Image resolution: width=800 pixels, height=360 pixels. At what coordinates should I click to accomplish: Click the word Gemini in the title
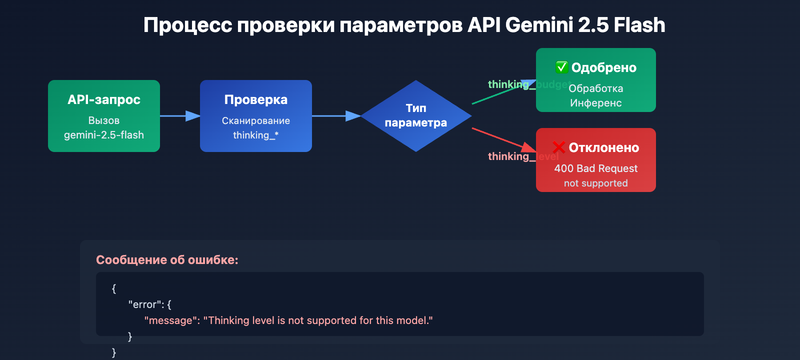(538, 25)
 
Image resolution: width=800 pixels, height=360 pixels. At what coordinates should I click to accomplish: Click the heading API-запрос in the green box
(104, 99)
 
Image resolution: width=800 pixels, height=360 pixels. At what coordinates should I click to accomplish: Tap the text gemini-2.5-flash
(104, 135)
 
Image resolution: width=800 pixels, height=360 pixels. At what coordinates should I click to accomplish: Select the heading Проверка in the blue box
(256, 99)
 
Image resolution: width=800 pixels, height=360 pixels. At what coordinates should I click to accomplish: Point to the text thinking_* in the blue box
(256, 135)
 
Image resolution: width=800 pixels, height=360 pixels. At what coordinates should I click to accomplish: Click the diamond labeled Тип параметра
(416, 115)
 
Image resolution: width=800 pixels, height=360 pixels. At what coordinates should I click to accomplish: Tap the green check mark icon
(561, 67)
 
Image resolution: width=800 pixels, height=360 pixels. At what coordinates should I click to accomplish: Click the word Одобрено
(604, 67)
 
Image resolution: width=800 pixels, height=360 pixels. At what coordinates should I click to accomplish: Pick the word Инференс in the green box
(596, 103)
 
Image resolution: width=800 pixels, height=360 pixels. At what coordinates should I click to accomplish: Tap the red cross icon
(559, 147)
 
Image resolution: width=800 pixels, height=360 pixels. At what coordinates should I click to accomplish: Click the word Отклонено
(604, 147)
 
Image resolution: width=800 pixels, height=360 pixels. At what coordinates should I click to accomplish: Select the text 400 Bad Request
(596, 168)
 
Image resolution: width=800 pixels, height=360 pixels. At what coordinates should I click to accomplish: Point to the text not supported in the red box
(596, 183)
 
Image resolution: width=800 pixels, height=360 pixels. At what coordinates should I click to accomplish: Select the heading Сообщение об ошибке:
(167, 260)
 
